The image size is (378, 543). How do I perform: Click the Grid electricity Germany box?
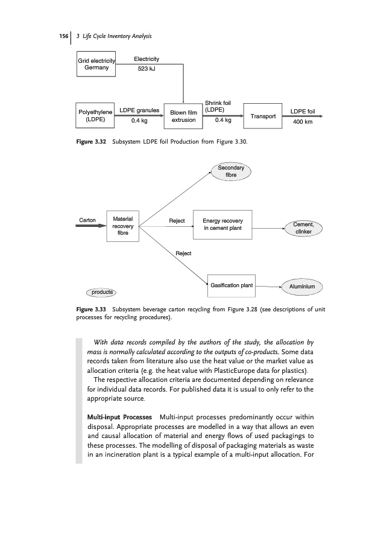[x=96, y=64]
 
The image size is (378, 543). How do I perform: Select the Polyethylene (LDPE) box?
[x=96, y=116]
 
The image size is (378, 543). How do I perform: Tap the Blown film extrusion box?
[x=183, y=116]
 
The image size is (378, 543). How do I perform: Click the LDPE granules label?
[x=139, y=110]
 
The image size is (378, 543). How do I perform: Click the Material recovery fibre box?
[x=122, y=226]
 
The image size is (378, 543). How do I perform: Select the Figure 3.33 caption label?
[x=90, y=309]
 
